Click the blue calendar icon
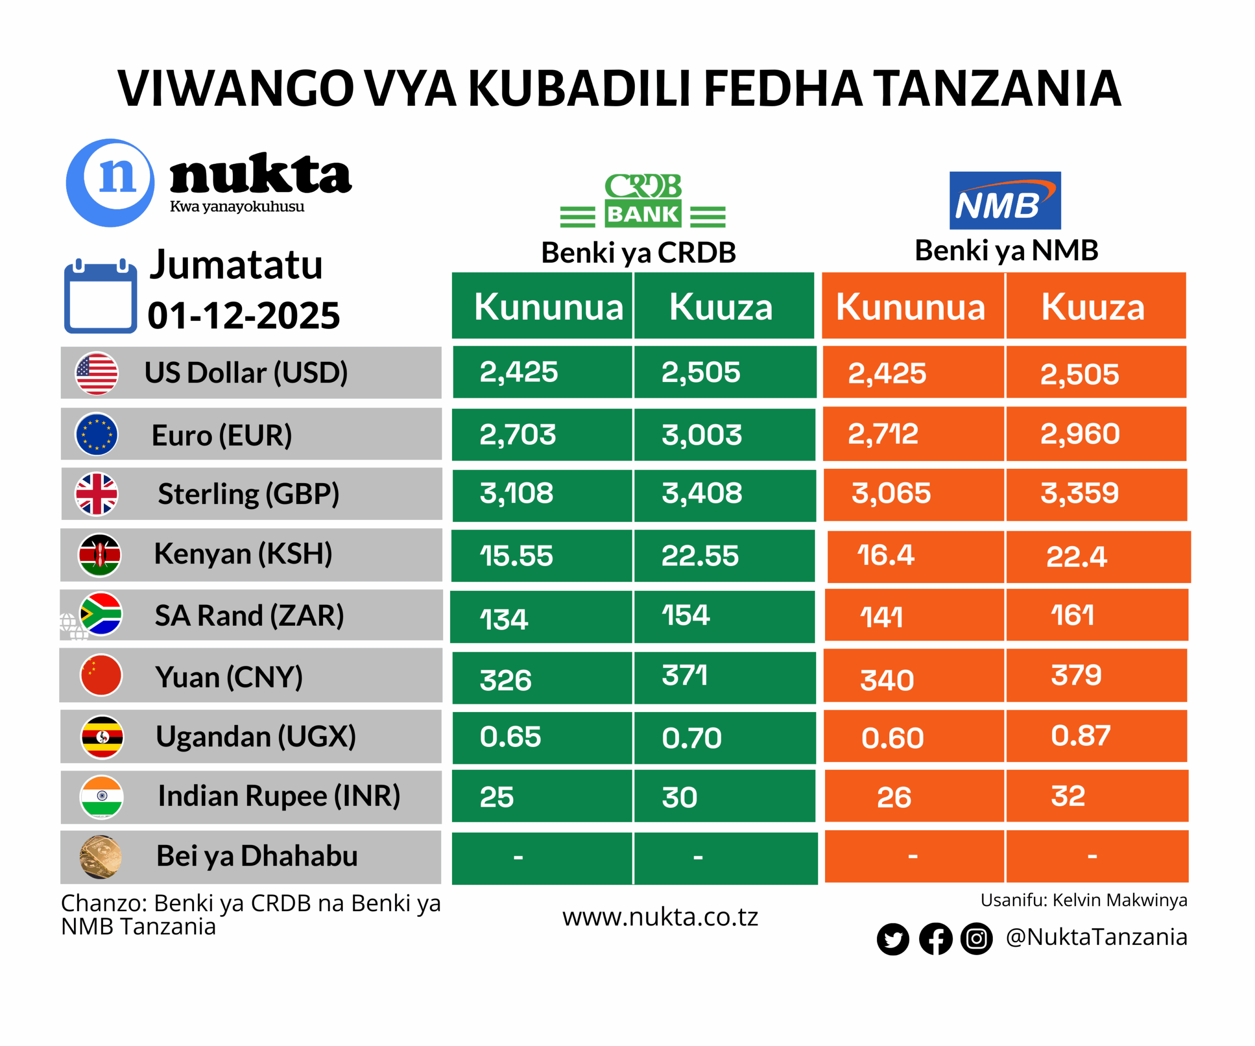100,297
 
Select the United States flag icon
96,373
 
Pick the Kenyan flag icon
100,555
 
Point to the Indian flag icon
101,797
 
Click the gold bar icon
100,857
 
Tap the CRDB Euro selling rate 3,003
702,434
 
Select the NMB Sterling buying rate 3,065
890,493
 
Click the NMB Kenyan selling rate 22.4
1076,557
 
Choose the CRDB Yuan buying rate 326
505,680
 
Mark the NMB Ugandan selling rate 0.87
1080,736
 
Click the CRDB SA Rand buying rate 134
504,619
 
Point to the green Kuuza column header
721,306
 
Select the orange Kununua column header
910,306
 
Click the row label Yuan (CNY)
229,677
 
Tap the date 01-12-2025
244,315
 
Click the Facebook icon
935,939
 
